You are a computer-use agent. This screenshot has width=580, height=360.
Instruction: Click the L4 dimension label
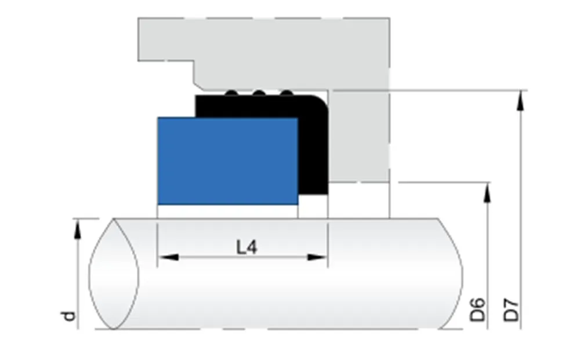tap(246, 248)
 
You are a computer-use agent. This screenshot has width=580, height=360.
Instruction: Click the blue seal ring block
tap(227, 161)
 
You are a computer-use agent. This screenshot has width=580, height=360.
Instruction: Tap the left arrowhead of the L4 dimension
tap(166, 257)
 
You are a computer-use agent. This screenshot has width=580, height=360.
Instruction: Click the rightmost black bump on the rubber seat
tap(285, 93)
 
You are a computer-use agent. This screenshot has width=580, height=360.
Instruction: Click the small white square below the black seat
tap(313, 205)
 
